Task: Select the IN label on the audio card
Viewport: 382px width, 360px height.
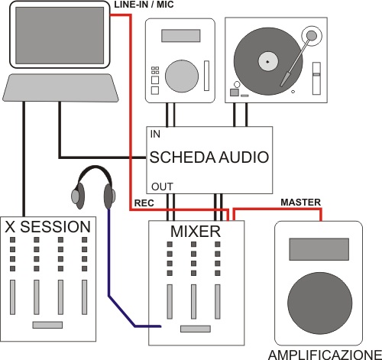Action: [x=155, y=134]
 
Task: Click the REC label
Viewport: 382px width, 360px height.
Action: [x=144, y=203]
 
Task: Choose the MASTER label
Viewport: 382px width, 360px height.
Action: [x=299, y=203]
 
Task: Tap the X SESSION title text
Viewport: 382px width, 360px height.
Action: [x=48, y=226]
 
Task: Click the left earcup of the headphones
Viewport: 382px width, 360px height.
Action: [x=77, y=196]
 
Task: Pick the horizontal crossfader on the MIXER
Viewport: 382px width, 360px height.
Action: [x=194, y=329]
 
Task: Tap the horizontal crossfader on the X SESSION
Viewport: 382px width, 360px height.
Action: [x=47, y=325]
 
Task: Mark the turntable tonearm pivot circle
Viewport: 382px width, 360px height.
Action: [x=310, y=34]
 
